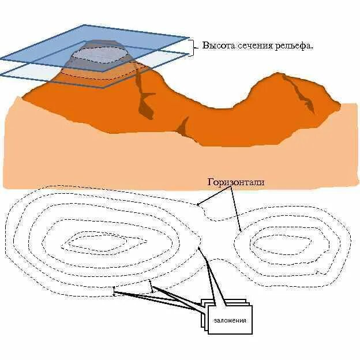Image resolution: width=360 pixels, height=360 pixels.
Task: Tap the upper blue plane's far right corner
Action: coord(188,38)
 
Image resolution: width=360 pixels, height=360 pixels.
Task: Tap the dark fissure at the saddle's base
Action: coord(183,126)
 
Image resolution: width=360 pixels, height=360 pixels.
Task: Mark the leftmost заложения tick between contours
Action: coord(115,292)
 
